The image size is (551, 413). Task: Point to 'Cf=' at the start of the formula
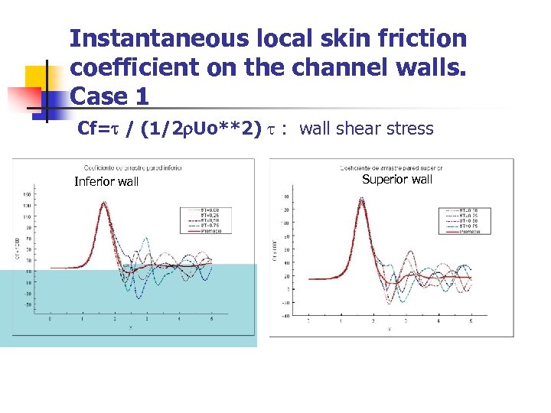(x=95, y=129)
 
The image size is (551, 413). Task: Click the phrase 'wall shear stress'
(x=367, y=129)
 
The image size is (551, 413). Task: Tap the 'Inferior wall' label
(x=106, y=181)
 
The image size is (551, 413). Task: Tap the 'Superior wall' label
(x=397, y=179)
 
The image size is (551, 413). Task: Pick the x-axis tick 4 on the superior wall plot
(x=438, y=322)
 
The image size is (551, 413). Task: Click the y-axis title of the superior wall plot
(x=274, y=249)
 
